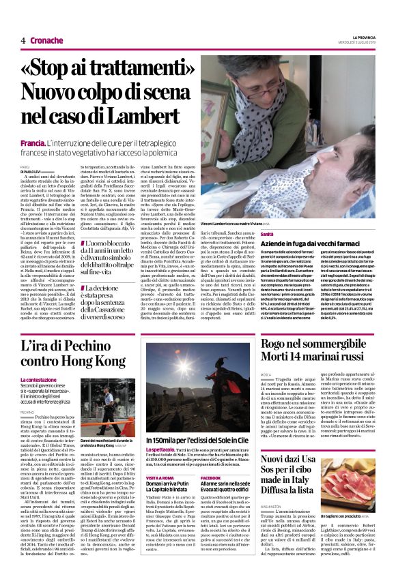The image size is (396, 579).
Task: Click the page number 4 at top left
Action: [x=23, y=40]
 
